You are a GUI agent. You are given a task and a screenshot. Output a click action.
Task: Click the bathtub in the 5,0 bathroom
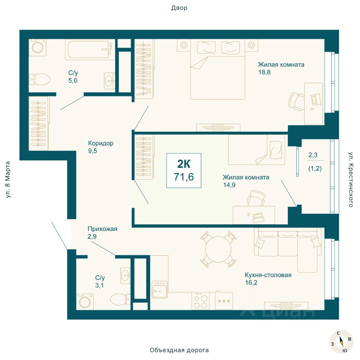coord(90,49)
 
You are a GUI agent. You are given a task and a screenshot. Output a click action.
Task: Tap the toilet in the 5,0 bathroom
coord(40,79)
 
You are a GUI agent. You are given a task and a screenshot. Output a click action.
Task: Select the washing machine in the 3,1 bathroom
coord(85,301)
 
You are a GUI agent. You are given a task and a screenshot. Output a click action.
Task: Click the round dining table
coord(218,249)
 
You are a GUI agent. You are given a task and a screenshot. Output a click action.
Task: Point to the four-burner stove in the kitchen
coord(201,301)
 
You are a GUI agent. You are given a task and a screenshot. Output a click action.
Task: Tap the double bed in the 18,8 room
coord(217,69)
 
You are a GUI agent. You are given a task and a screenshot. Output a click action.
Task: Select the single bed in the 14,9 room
coord(256,150)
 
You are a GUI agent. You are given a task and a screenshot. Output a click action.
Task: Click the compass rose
coord(341,341)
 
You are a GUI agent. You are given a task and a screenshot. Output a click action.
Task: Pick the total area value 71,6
coord(184,177)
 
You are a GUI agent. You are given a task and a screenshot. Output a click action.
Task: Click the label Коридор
coord(101,143)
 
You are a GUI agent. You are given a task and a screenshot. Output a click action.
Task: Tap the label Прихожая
coord(102,229)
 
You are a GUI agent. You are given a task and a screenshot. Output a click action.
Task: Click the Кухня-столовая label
coord(268,275)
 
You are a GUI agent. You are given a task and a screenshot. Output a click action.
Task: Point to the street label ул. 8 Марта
coord(8,180)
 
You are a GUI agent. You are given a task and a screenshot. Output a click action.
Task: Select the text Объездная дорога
coord(179,350)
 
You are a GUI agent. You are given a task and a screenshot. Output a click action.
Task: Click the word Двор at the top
coord(179,8)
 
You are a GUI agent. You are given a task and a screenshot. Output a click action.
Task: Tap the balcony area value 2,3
coord(313,155)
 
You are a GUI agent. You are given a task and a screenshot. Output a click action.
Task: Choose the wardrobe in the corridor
coord(38,123)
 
